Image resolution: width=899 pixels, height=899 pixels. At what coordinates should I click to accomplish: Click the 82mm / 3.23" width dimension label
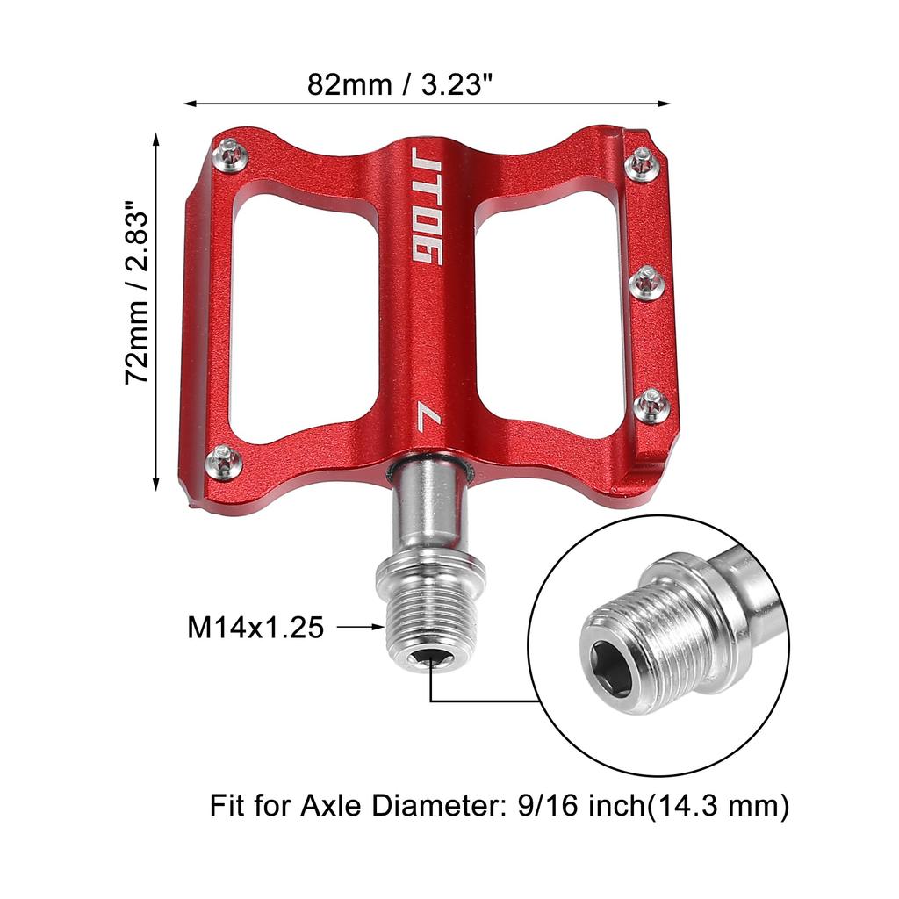click(400, 84)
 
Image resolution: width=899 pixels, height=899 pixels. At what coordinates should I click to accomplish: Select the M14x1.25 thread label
click(255, 627)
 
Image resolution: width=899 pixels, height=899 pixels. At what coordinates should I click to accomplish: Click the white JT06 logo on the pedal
click(428, 205)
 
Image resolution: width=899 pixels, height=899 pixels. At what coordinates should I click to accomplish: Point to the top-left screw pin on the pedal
click(231, 153)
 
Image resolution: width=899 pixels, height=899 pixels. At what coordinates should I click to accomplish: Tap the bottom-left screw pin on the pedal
click(225, 460)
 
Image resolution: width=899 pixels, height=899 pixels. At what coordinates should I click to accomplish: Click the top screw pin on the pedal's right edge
click(644, 162)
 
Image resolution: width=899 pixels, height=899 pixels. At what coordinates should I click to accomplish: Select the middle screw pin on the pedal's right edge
click(647, 282)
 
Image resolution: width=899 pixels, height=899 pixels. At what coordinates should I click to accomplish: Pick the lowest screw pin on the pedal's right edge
click(653, 405)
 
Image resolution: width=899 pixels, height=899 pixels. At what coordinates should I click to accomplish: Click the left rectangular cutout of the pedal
click(305, 317)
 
